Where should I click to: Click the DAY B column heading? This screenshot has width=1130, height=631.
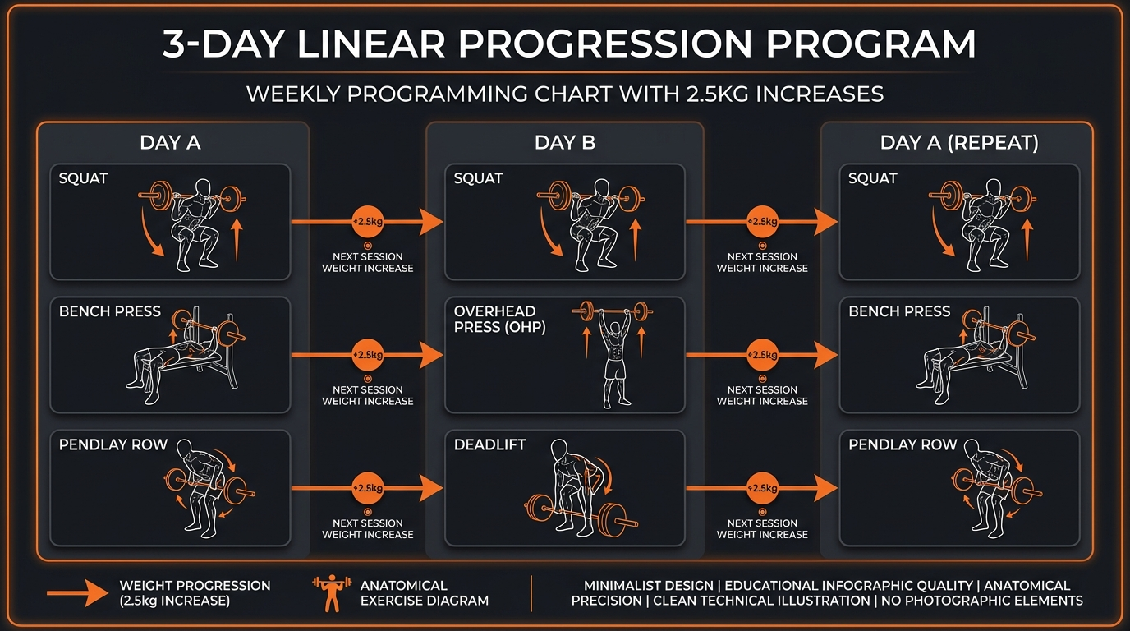click(564, 142)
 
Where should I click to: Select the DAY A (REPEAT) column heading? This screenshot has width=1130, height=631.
click(958, 142)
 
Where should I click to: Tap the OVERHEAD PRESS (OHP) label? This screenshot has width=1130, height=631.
click(499, 319)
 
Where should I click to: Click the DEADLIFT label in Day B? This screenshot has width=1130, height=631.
click(489, 444)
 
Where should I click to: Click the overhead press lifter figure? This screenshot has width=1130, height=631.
click(615, 353)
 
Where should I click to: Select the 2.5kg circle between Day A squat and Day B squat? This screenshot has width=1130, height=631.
click(367, 222)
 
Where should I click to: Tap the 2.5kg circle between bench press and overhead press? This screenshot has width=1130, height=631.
click(367, 355)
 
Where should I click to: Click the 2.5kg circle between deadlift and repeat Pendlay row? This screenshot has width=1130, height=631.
click(762, 488)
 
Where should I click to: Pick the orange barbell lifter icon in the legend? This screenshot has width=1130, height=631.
click(331, 593)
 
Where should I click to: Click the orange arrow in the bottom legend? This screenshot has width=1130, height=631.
click(77, 593)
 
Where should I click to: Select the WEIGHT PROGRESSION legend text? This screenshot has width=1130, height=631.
click(194, 593)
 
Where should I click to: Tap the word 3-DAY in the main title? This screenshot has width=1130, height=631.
click(218, 45)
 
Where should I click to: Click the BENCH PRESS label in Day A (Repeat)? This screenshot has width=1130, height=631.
click(898, 311)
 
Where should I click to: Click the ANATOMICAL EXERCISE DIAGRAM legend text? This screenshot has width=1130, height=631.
click(424, 593)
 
